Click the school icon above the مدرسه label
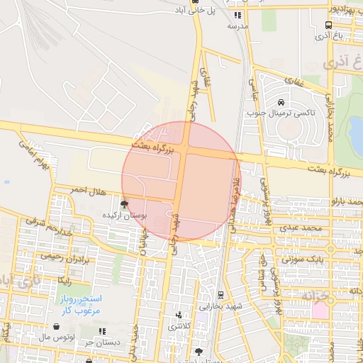click(238, 14)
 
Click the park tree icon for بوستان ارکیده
click(125, 204)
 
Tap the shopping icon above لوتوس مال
click(103, 330)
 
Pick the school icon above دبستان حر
click(89, 361)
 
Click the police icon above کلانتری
click(178, 315)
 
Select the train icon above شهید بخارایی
click(220, 294)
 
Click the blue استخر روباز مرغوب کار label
click(79, 304)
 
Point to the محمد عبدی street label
click(301, 229)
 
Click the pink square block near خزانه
click(320, 311)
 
